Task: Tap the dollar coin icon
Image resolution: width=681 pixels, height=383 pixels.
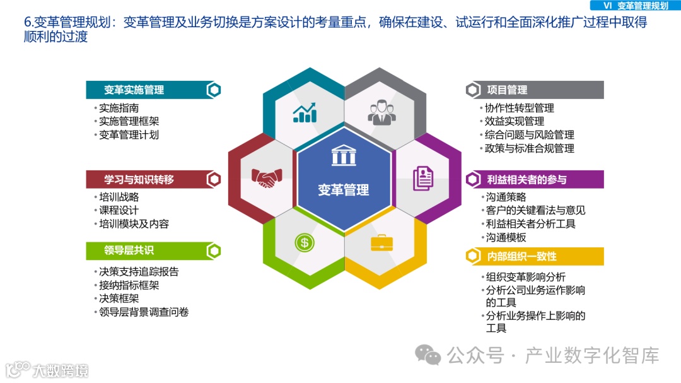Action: (x=304, y=242)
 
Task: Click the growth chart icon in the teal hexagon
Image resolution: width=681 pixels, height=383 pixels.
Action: (x=305, y=112)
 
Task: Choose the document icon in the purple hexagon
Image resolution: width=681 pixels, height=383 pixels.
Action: (x=423, y=179)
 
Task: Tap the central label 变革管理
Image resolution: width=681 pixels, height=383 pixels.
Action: (x=343, y=189)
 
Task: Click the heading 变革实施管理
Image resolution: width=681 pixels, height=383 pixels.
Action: (x=134, y=90)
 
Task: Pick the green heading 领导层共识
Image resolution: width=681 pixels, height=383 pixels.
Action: (x=129, y=250)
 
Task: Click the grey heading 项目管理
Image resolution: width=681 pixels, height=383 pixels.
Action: (x=507, y=90)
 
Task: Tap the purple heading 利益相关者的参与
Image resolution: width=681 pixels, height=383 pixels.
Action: (x=527, y=180)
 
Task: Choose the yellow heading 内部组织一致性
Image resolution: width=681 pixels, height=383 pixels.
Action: (x=521, y=256)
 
